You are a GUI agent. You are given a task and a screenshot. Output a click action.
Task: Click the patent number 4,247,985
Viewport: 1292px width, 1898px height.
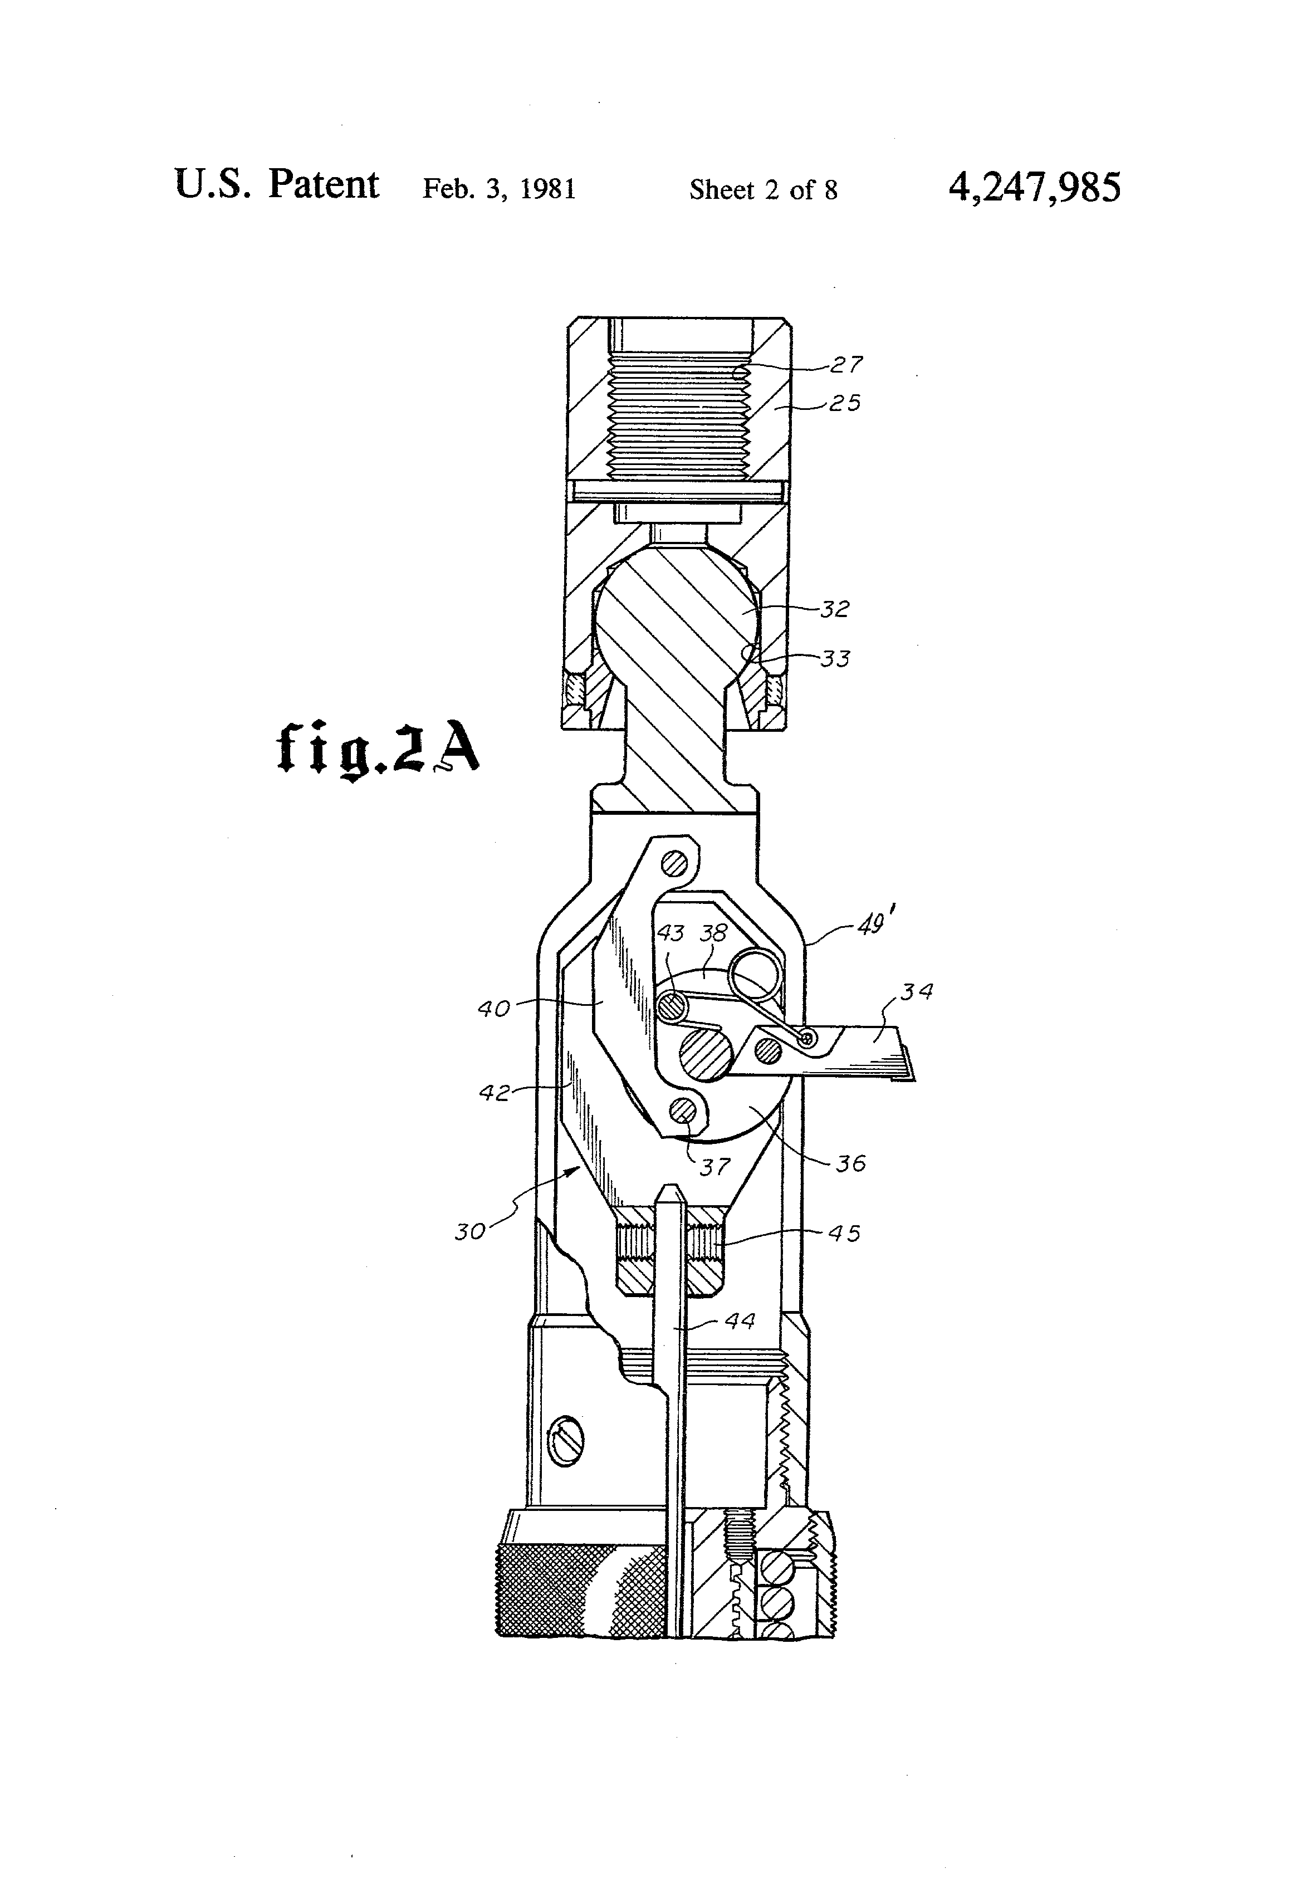(x=1034, y=187)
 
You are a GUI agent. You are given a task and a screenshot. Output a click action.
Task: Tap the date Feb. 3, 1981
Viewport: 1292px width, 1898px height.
(x=499, y=189)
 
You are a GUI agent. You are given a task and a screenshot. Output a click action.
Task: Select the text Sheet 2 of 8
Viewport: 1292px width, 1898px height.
(x=763, y=189)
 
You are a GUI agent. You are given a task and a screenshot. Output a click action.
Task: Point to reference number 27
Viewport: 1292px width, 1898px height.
(x=846, y=364)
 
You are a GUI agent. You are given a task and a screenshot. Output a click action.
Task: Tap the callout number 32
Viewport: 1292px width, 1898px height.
(x=835, y=608)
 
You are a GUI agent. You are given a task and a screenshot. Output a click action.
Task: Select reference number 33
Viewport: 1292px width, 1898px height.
(x=835, y=658)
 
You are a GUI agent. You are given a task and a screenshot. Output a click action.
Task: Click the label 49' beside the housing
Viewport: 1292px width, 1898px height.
(x=872, y=925)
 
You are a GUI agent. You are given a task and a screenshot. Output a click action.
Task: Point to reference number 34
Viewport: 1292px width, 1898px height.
(x=916, y=991)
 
